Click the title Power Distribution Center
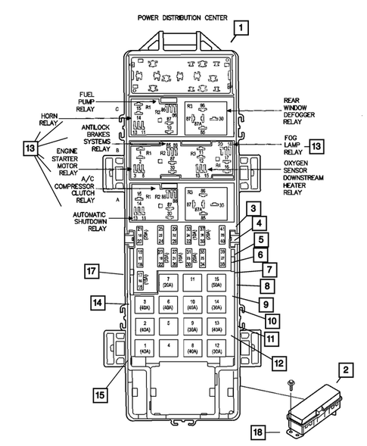point(183,16)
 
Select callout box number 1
point(241,30)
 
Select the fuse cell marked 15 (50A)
point(217,284)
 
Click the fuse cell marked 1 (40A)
point(143,349)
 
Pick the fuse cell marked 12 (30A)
point(217,349)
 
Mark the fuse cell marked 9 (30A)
point(192,328)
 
